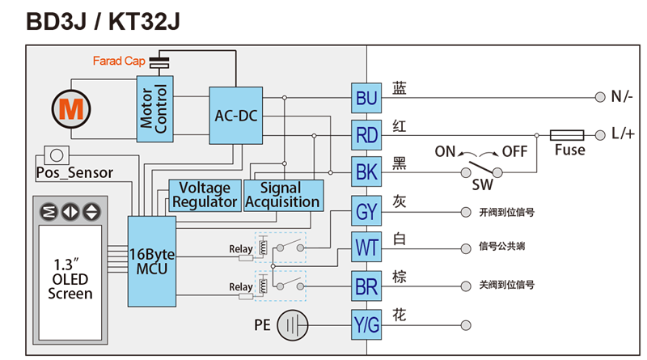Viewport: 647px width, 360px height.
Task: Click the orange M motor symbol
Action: point(71,109)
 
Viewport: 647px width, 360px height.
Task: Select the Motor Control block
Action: point(154,109)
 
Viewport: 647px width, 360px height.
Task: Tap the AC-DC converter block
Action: point(235,116)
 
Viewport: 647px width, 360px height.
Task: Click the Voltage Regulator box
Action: point(205,195)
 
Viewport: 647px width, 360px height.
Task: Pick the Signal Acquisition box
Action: point(284,195)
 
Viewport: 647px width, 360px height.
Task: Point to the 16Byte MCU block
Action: point(152,261)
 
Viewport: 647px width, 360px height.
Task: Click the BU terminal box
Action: point(366,98)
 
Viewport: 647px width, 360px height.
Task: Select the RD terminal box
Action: point(366,135)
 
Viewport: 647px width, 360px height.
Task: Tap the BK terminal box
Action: point(366,172)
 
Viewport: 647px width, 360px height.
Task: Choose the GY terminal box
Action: point(366,211)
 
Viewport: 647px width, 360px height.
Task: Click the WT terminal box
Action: point(366,247)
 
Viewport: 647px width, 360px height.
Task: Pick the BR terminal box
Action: point(366,286)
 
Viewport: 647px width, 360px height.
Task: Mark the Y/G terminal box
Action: point(366,325)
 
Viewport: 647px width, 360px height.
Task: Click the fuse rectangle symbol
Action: point(567,135)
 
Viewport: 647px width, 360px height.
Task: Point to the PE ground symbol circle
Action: point(293,325)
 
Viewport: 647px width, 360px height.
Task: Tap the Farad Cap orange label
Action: point(119,61)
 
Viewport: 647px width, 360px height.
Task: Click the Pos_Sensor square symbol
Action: point(57,155)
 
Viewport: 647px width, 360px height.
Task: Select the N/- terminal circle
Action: point(600,97)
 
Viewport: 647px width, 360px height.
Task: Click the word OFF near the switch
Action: point(514,151)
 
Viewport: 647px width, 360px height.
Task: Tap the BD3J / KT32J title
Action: point(104,22)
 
